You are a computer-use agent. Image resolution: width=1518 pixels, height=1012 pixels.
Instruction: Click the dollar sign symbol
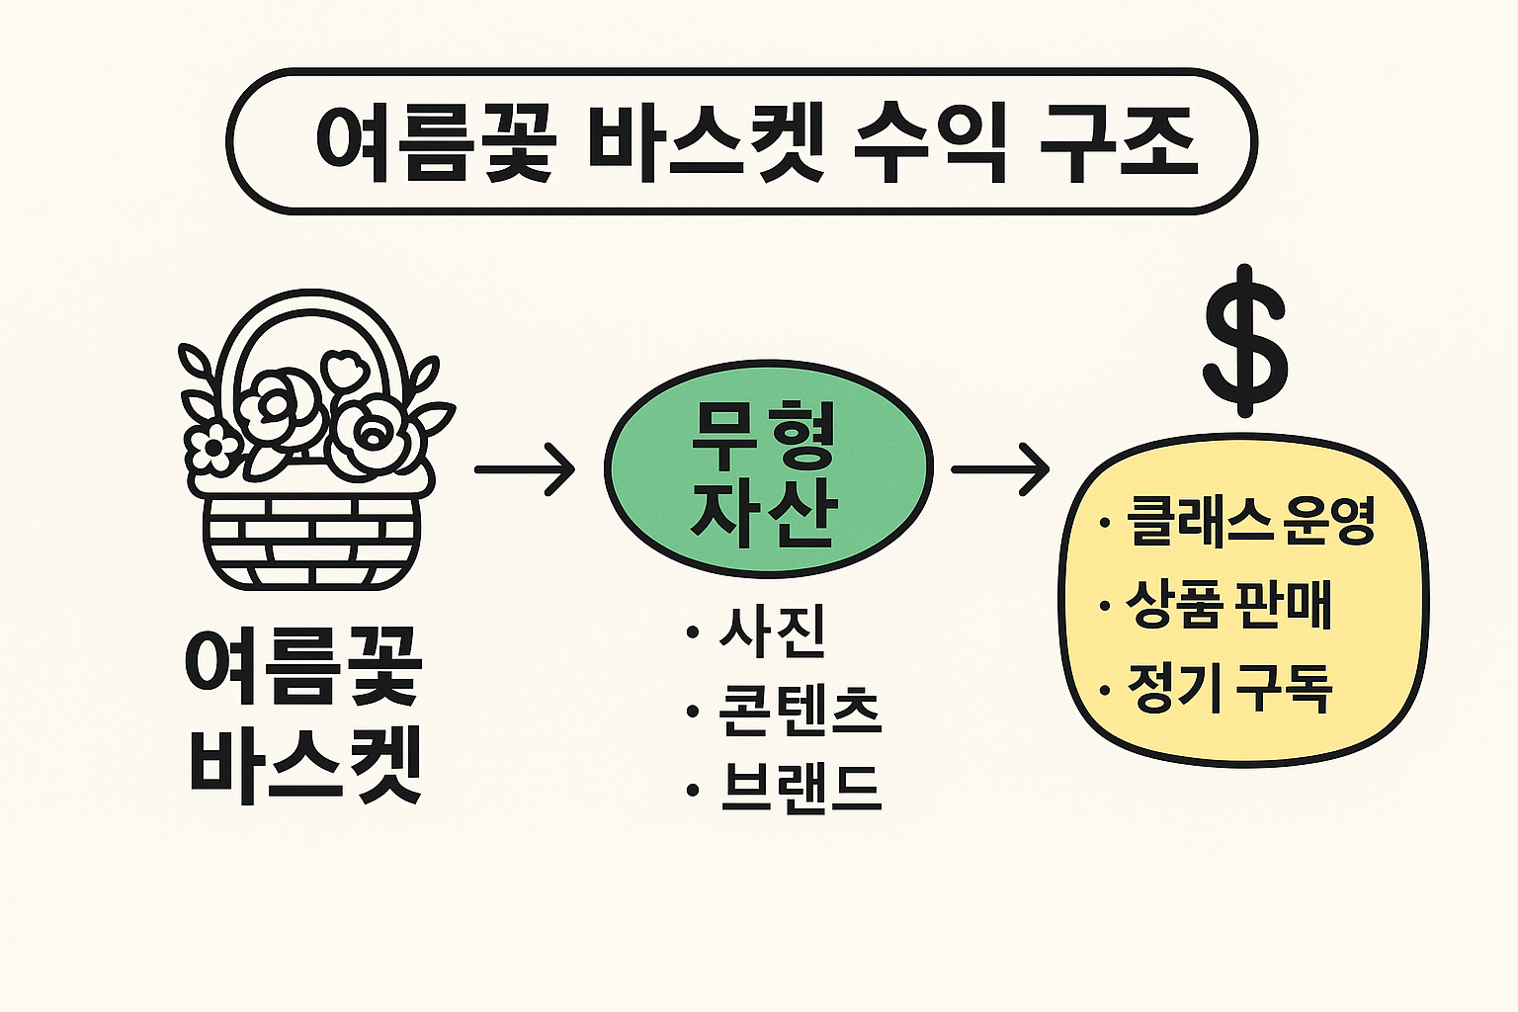click(1245, 341)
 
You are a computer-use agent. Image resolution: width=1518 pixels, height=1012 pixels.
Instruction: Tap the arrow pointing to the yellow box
click(999, 469)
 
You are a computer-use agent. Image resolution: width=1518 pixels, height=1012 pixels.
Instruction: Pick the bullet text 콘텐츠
click(800, 711)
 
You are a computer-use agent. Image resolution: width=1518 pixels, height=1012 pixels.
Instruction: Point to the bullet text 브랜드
click(800, 788)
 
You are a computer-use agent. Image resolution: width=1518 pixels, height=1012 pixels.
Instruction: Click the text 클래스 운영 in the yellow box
click(1250, 521)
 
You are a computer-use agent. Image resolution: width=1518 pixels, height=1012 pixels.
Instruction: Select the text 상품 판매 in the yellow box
click(1228, 604)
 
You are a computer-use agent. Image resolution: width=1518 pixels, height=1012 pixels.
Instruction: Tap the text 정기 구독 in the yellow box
click(1229, 688)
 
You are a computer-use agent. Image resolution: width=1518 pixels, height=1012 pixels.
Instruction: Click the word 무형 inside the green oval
click(764, 436)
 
